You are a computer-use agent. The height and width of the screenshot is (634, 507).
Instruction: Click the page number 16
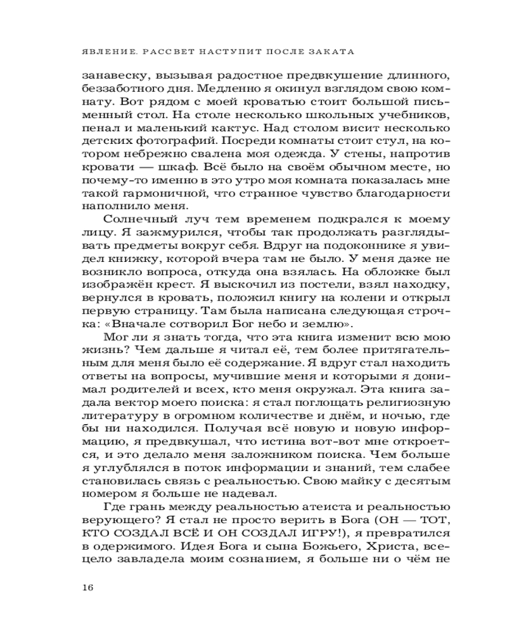point(88,586)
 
